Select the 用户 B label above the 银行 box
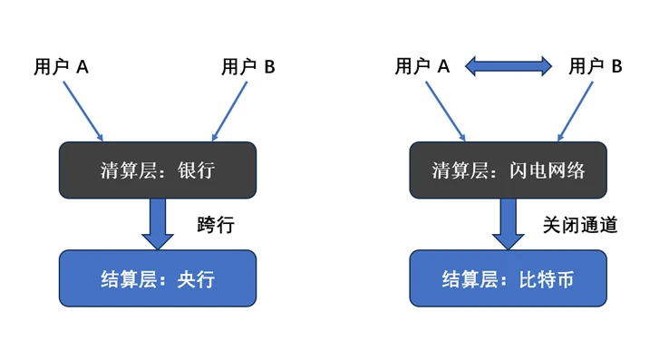point(248,66)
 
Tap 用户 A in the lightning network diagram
point(422,66)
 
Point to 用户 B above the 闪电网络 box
point(596,66)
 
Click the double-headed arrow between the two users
point(509,66)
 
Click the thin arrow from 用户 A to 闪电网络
point(443,111)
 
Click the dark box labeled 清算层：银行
point(158,170)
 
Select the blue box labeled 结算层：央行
point(158,278)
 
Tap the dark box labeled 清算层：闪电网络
point(508,170)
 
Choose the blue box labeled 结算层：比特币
point(508,278)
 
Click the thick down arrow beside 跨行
point(158,223)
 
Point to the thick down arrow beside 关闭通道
point(508,223)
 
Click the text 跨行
point(216,224)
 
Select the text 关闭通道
point(580,224)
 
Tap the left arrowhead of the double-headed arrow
point(473,66)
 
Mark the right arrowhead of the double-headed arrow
point(544,66)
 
